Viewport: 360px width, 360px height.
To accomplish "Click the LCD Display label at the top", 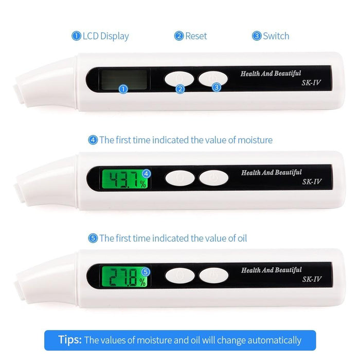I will pyautogui.click(x=105, y=36).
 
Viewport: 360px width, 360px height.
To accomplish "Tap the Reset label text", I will pyautogui.click(x=195, y=36).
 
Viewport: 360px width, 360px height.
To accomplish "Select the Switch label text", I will pyautogui.click(x=276, y=36).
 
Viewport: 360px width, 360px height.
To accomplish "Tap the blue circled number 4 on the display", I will pyautogui.click(x=146, y=173).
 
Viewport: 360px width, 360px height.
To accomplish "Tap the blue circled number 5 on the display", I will pyautogui.click(x=146, y=271).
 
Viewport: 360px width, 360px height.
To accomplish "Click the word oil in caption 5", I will pyautogui.click(x=241, y=238).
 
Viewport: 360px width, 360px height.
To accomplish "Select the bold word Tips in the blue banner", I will pyautogui.click(x=70, y=340).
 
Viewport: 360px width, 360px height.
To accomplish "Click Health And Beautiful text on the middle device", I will pyautogui.click(x=271, y=173).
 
